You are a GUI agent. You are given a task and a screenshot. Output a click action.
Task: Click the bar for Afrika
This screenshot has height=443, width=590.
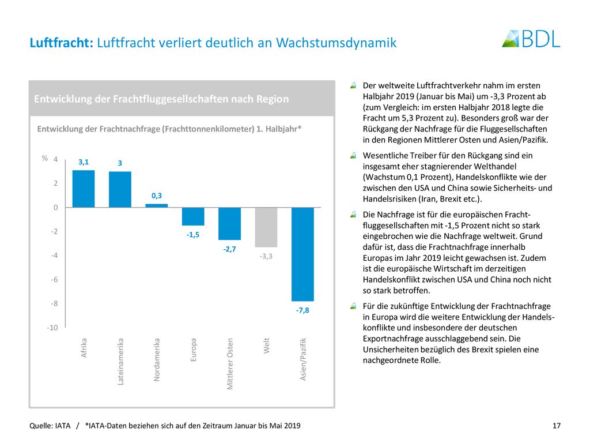(83, 189)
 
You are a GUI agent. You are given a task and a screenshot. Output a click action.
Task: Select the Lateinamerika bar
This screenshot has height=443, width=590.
(120, 189)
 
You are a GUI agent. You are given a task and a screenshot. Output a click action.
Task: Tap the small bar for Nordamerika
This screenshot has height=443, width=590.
(157, 206)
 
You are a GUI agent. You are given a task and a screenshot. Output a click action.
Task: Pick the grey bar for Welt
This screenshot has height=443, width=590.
(266, 227)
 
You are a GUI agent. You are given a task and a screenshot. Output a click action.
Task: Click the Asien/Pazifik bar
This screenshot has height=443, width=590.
(302, 254)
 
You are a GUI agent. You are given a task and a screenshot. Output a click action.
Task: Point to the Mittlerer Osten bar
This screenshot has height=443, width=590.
(229, 224)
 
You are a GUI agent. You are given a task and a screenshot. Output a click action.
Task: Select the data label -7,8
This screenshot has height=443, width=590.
(302, 310)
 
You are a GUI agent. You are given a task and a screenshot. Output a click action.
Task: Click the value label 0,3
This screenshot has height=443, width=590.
(157, 196)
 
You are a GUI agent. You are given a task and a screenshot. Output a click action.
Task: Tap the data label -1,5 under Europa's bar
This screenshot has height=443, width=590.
(193, 235)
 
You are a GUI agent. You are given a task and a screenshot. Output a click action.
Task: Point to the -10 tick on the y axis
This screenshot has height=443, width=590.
(52, 328)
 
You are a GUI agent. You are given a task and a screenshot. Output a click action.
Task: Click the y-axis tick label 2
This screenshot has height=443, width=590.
(56, 183)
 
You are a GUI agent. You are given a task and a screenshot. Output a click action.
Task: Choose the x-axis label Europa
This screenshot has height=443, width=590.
(193, 350)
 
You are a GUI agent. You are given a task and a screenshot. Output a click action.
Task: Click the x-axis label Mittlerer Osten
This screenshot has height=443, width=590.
(229, 363)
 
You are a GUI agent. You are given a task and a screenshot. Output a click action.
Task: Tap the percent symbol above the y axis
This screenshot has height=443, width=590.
(45, 158)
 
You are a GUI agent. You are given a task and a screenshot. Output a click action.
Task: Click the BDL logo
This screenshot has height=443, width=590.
(531, 39)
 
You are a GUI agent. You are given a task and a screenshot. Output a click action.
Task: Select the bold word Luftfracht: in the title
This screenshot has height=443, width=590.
(61, 43)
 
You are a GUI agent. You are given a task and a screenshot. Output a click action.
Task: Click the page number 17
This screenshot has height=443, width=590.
(557, 426)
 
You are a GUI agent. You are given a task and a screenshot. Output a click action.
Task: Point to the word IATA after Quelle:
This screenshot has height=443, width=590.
(62, 426)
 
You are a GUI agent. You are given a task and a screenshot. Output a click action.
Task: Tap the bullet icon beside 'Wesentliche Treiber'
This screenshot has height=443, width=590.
(353, 155)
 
